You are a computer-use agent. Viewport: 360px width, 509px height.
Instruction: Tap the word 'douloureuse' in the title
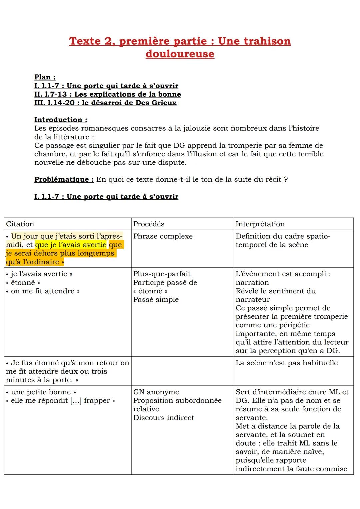[x=180, y=54]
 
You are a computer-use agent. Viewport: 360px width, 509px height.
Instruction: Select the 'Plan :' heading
[x=45, y=77]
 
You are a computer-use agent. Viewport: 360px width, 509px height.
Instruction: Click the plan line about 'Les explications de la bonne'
[x=108, y=94]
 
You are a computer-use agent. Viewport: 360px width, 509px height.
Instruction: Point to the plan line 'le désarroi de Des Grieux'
[x=105, y=103]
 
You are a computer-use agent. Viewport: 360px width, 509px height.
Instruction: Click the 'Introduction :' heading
[x=61, y=120]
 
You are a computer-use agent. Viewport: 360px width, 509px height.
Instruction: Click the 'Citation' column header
[x=20, y=224]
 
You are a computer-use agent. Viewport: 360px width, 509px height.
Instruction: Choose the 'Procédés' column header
[x=149, y=224]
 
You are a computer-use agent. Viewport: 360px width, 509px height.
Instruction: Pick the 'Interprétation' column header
[x=260, y=224]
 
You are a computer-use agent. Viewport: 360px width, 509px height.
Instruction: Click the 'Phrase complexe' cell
[x=163, y=236]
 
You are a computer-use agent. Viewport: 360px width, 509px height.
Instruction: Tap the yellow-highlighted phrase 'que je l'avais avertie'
[x=71, y=245]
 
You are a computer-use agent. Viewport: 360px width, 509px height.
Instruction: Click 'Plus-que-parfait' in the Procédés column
[x=162, y=274]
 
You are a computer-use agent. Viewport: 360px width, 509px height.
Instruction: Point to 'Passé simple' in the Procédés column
[x=156, y=300]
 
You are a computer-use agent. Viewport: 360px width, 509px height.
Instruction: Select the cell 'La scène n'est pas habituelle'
[x=287, y=363]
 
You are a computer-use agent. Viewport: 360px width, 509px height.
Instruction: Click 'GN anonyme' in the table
[x=156, y=392]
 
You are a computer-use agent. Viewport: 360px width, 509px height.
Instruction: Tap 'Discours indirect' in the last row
[x=163, y=418]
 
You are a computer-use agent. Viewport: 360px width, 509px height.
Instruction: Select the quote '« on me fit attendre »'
[x=43, y=291]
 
